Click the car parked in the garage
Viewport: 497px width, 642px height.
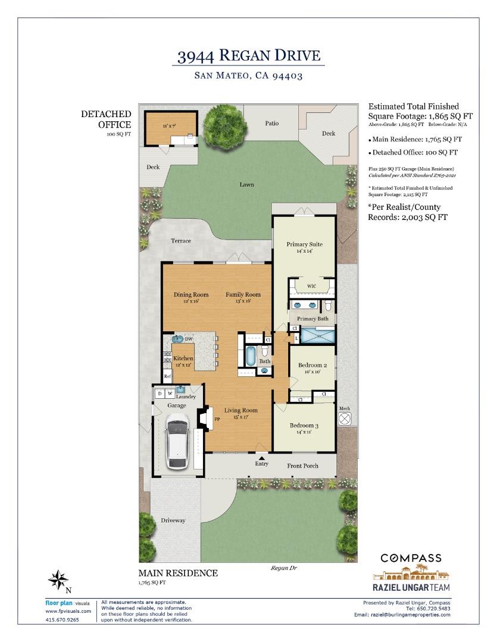(177, 442)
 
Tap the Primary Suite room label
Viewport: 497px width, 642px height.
(304, 244)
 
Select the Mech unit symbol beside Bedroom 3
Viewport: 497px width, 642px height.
(345, 418)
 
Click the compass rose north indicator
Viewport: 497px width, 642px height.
(58, 580)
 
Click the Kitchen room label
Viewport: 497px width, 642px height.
(183, 358)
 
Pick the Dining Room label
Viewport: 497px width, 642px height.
(191, 295)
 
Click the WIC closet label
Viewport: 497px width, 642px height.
(311, 287)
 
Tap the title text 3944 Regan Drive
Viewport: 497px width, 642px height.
(249, 56)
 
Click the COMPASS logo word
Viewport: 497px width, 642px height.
(411, 558)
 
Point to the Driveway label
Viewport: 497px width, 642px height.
(173, 520)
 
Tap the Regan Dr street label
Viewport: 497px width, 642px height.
(283, 568)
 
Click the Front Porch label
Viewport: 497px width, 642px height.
(302, 466)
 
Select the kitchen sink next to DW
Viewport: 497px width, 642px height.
(177, 339)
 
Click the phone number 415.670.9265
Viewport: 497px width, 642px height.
(62, 619)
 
